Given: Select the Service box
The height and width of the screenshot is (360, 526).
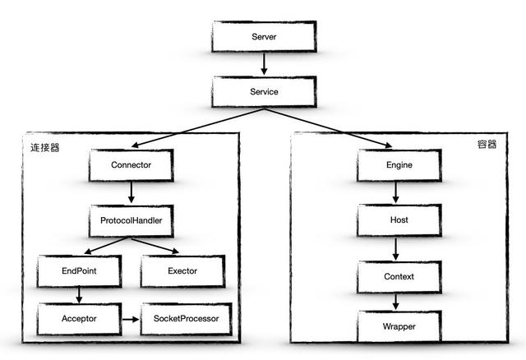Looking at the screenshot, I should click(263, 92).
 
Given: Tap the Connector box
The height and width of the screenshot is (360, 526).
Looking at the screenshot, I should click(131, 165).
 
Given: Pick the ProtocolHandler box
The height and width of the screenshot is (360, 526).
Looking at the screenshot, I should click(131, 220).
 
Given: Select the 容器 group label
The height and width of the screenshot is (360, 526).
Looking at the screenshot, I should click(487, 145).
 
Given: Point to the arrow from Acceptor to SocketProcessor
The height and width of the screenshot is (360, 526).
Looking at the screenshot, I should click(131, 317).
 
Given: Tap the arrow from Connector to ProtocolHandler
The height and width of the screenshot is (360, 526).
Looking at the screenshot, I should click(131, 193).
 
